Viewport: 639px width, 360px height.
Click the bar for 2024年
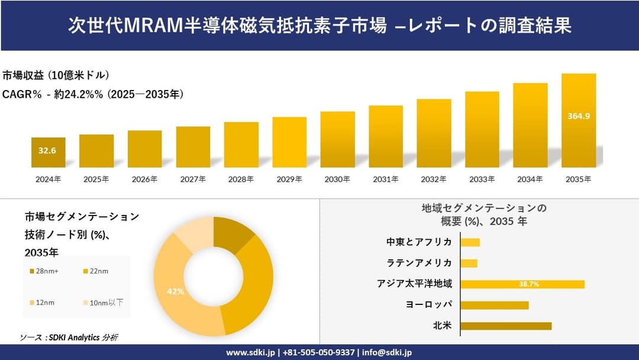pos(49,153)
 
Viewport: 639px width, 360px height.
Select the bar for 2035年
pos(579,121)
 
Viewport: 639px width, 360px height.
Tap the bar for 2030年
pos(338,140)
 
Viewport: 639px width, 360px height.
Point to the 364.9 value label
pos(579,116)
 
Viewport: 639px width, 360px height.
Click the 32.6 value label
pos(47,151)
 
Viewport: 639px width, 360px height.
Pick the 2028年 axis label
pos(241,179)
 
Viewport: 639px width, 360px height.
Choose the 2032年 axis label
pos(434,179)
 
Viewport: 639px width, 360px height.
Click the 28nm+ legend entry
pos(45,271)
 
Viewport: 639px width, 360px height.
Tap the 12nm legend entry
pos(45,303)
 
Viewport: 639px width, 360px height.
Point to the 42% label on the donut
pos(176,291)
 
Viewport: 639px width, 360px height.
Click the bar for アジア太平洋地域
pos(522,284)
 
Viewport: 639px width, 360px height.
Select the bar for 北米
pos(505,326)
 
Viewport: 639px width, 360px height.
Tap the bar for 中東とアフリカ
pos(470,242)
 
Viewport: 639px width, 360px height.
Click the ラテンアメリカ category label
pos(419,263)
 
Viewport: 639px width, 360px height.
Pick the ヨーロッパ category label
pos(429,304)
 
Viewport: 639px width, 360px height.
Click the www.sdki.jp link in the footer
pos(250,352)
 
